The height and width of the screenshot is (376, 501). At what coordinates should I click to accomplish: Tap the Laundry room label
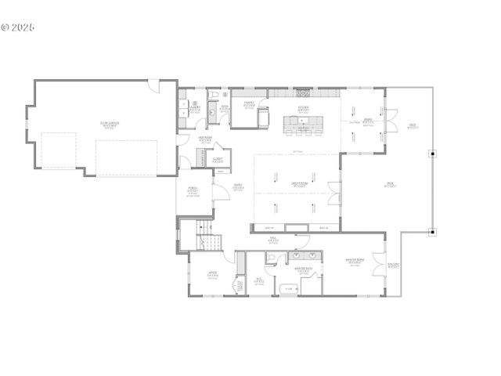click(x=194, y=107)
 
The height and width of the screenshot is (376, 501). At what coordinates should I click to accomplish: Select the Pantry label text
click(x=249, y=103)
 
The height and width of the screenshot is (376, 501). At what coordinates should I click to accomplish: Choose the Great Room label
click(x=298, y=184)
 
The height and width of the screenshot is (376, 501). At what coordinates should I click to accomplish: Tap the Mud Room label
click(x=204, y=139)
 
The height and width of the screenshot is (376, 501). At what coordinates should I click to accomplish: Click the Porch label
click(x=192, y=190)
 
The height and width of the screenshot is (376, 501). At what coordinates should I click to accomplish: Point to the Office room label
click(x=211, y=274)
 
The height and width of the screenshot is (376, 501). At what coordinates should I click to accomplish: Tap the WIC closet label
click(x=259, y=280)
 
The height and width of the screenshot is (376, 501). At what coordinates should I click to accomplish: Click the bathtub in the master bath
click(x=287, y=289)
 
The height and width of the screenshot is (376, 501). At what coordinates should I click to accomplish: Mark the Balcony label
click(x=393, y=266)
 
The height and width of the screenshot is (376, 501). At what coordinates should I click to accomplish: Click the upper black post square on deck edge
click(x=431, y=154)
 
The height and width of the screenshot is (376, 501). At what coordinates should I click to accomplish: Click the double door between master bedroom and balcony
click(x=378, y=261)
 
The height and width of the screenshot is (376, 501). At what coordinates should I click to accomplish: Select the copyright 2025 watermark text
click(x=19, y=27)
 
